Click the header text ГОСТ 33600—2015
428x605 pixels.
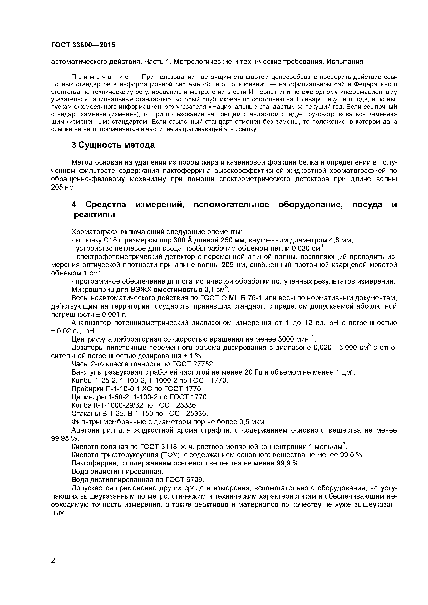[83, 45]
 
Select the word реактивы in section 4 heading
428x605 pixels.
[94, 215]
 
